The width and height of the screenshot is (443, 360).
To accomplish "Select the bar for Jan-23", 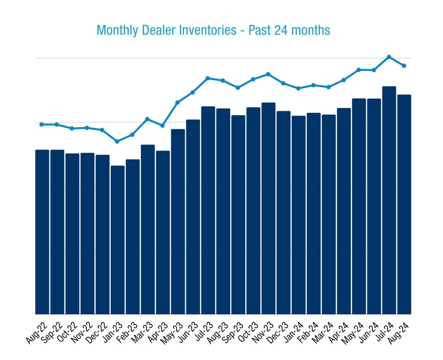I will coord(118,240).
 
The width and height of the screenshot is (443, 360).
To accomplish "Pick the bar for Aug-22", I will coord(42,232).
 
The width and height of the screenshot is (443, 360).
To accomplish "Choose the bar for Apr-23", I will coord(163,232).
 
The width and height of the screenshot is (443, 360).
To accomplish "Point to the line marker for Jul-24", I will coord(389,57).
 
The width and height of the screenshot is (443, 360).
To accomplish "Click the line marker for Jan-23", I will coord(118,141).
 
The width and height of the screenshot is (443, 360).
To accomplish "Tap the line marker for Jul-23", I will coord(208,78).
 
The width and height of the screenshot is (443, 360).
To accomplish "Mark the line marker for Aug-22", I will coord(42,124).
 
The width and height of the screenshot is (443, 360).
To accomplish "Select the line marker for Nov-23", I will coord(268,74).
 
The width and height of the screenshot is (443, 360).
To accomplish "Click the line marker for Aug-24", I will coord(404,66).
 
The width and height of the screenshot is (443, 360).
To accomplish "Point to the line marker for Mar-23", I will coord(148,119).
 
